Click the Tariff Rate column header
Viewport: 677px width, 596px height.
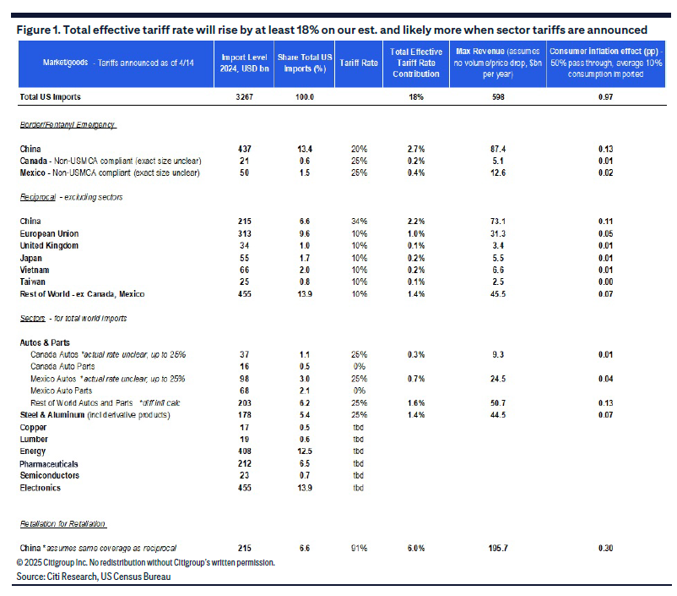click(x=359, y=63)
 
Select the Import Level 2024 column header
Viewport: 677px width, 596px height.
click(x=244, y=63)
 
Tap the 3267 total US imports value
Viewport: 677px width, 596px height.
click(x=244, y=97)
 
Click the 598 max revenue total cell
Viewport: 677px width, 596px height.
click(x=498, y=97)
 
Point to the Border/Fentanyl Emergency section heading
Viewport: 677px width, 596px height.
click(x=68, y=125)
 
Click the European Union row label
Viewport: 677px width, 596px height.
click(x=49, y=233)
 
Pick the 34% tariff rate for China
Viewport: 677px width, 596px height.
click(x=359, y=221)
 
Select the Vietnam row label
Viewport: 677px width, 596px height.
click(x=35, y=270)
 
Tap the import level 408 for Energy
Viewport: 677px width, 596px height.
click(x=244, y=451)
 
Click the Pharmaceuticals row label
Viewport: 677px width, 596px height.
click(x=49, y=464)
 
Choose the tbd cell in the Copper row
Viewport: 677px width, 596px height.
click(x=359, y=427)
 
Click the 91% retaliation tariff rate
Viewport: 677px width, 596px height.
click(x=359, y=548)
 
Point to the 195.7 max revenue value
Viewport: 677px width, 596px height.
click(x=498, y=548)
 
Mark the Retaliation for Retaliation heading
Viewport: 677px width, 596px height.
click(x=62, y=524)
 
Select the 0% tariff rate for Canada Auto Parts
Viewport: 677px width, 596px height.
click(x=359, y=366)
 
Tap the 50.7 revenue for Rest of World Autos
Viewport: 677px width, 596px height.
click(x=498, y=403)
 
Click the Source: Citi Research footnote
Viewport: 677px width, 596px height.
click(x=94, y=577)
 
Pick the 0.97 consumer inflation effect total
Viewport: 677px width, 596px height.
click(x=605, y=97)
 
